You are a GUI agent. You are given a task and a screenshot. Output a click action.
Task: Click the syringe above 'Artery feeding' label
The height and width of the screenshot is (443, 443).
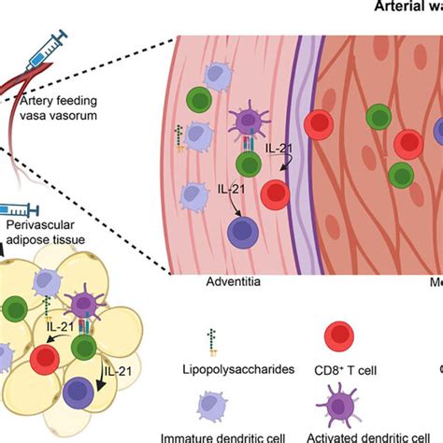click(47, 45)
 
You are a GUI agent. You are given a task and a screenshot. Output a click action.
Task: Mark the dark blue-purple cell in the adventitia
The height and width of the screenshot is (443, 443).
click(241, 232)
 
